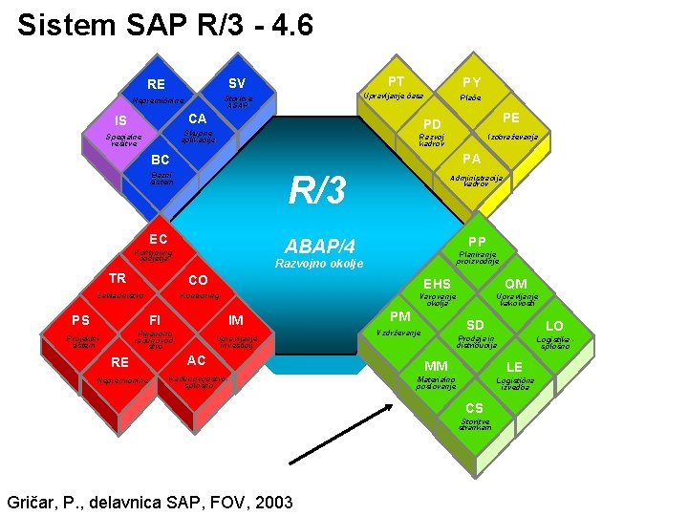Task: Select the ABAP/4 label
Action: click(320, 247)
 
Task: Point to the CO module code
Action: click(198, 280)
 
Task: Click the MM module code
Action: click(436, 366)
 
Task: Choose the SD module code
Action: click(475, 326)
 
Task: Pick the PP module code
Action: click(478, 241)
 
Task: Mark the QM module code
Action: click(516, 284)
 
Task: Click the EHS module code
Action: click(438, 284)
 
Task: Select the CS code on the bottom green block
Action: click(475, 408)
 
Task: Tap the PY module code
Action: click(471, 83)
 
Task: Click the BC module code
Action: click(161, 159)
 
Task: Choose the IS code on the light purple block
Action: click(121, 120)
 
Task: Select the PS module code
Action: click(80, 319)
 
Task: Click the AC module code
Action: click(197, 360)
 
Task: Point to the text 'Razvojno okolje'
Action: click(319, 264)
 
